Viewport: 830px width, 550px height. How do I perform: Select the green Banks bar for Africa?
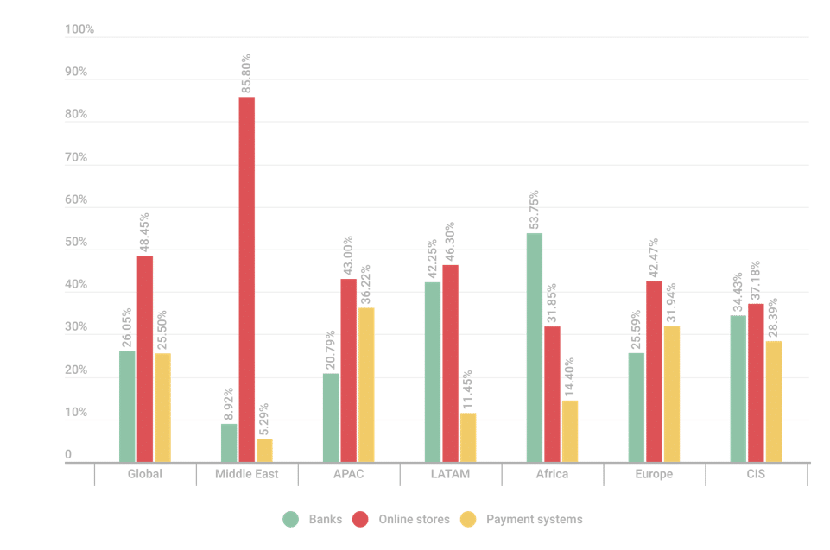click(x=535, y=347)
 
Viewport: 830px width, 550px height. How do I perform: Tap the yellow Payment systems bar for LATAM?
click(x=467, y=437)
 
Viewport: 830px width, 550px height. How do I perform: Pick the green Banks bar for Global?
click(x=127, y=406)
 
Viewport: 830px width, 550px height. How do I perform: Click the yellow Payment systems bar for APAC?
click(x=365, y=384)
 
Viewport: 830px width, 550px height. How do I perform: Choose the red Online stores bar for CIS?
click(x=756, y=382)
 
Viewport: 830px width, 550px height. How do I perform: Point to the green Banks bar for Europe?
click(x=637, y=407)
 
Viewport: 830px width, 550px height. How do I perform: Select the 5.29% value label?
click(x=264, y=419)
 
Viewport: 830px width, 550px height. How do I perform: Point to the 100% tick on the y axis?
click(x=79, y=29)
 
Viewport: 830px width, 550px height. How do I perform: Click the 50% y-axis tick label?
click(x=77, y=243)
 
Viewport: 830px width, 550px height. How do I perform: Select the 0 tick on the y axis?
click(x=68, y=455)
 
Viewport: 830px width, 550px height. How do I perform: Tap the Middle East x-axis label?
click(x=247, y=474)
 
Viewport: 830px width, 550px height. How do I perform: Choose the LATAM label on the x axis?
click(x=450, y=474)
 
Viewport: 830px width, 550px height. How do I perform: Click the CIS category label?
click(x=756, y=474)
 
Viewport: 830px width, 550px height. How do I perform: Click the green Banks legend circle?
click(x=291, y=520)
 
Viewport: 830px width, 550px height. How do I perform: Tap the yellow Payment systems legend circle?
click(x=467, y=520)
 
